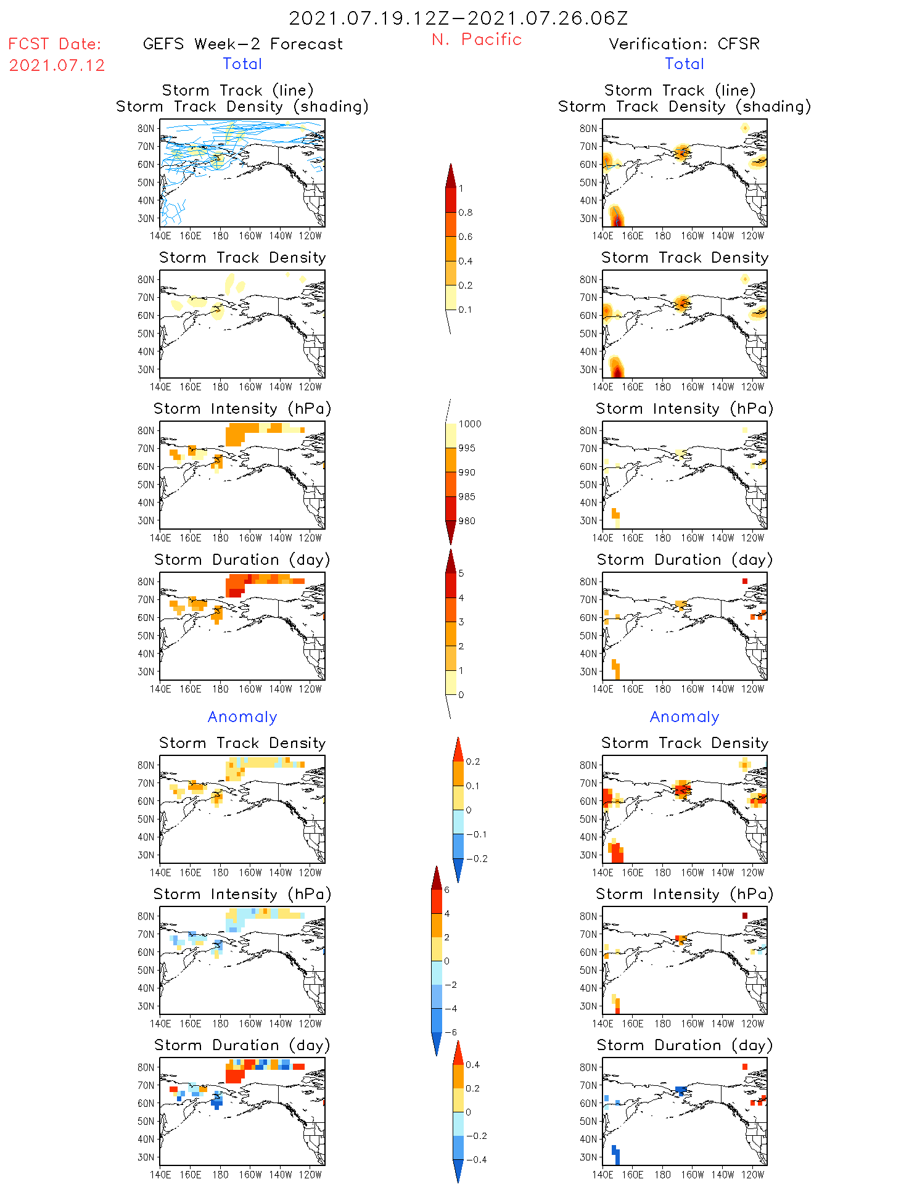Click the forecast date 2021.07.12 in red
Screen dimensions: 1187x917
(x=57, y=65)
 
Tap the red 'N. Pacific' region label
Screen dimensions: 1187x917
(x=477, y=39)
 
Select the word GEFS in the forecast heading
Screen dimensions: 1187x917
(x=163, y=44)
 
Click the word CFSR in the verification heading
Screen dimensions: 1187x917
(x=738, y=44)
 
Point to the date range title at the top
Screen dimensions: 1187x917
(x=458, y=18)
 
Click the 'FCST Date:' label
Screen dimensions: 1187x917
(x=54, y=44)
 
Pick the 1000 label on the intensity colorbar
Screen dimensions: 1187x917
(x=469, y=424)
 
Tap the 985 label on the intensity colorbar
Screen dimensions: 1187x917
(x=467, y=497)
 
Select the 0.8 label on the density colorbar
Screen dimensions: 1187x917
(x=466, y=213)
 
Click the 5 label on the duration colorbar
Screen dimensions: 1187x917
(x=461, y=573)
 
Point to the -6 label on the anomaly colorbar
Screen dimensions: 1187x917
(x=451, y=1032)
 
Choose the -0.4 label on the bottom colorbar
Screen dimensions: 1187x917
(x=475, y=1159)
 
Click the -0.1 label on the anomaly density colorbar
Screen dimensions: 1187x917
(x=476, y=834)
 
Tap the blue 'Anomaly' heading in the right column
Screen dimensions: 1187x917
(x=685, y=717)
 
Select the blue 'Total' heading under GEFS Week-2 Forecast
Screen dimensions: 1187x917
(x=242, y=64)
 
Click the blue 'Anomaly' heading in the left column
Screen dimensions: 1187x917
(x=242, y=717)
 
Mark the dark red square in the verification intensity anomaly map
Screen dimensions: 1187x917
(x=745, y=916)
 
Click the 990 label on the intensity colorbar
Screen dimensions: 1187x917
(x=467, y=473)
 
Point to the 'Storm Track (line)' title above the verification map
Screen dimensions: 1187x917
(x=680, y=91)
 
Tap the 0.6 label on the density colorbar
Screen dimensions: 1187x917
(x=466, y=237)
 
